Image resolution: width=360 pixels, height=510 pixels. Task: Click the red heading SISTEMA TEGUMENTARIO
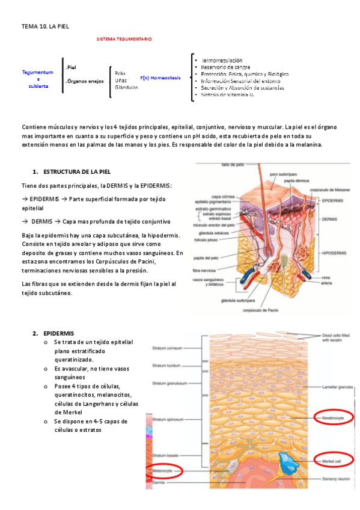pyautogui.click(x=124, y=39)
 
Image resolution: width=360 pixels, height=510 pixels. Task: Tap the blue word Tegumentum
pyautogui.click(x=38, y=72)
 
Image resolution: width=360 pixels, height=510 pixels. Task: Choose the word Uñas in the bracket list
pyautogui.click(x=121, y=80)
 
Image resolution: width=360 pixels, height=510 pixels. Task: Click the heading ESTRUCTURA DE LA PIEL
pyautogui.click(x=77, y=172)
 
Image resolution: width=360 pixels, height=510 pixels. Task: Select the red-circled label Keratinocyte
pyautogui.click(x=335, y=416)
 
